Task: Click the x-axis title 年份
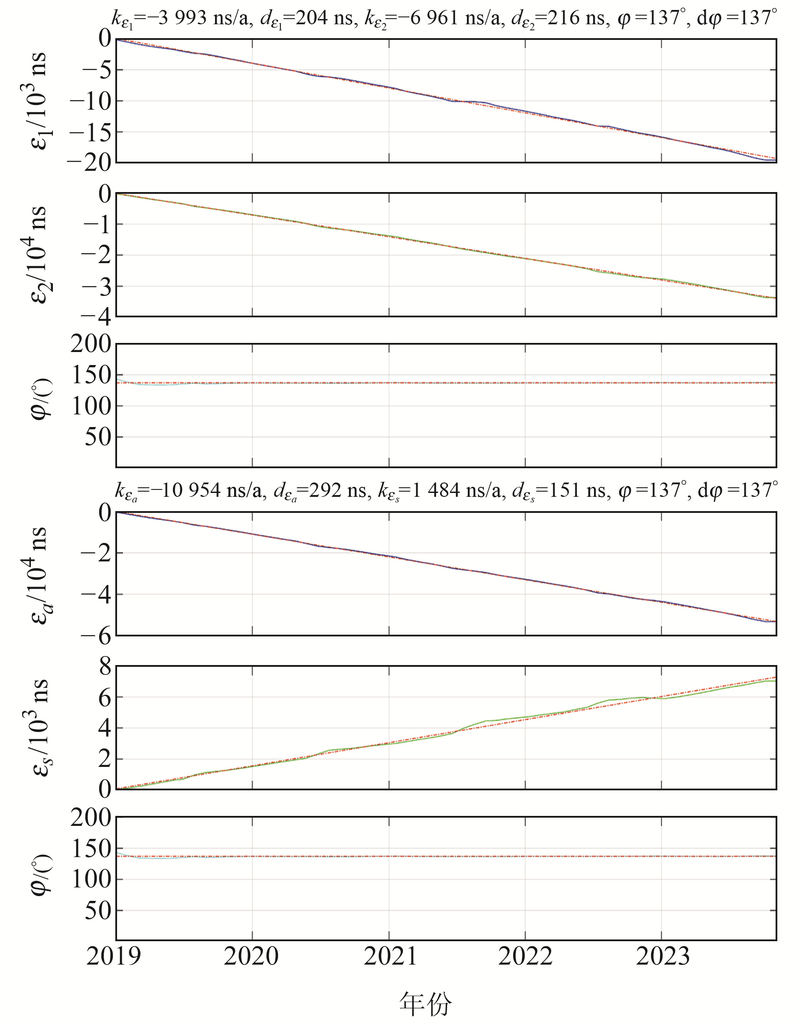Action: [x=425, y=1004]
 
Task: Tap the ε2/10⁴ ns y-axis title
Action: [x=38, y=254]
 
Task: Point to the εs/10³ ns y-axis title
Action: [x=38, y=727]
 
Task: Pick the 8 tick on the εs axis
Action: [x=105, y=666]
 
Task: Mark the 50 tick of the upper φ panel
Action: [x=98, y=437]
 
